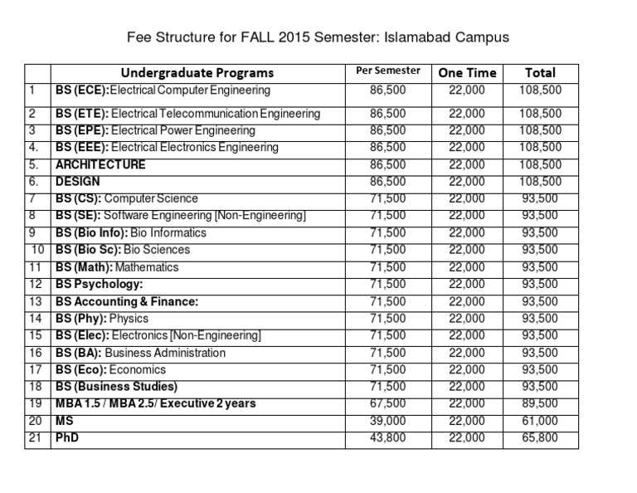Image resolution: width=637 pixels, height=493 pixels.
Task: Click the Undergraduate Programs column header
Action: tap(197, 73)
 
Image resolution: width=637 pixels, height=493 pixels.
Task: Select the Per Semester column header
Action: tap(387, 71)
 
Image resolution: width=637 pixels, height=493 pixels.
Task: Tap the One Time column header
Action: tap(467, 73)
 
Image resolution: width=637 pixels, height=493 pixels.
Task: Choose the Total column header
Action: tap(540, 73)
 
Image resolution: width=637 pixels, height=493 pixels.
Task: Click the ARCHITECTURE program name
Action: tap(100, 164)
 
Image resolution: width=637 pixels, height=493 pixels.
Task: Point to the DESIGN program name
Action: tap(78, 181)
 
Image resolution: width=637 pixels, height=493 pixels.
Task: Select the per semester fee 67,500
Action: tap(387, 403)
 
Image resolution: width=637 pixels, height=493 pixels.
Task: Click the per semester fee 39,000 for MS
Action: tap(387, 421)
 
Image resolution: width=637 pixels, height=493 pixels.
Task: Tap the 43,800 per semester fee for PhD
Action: tap(387, 437)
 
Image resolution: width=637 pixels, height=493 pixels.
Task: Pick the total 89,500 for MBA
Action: tap(540, 403)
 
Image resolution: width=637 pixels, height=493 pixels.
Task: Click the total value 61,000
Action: tap(540, 421)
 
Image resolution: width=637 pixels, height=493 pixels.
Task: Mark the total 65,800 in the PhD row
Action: tap(540, 437)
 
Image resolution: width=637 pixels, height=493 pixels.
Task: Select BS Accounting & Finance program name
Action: tap(127, 301)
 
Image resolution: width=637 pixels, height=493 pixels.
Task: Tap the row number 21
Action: tap(34, 437)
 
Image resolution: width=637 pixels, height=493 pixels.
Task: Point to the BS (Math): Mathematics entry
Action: tap(117, 267)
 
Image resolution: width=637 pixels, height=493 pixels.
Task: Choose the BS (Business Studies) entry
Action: tap(117, 387)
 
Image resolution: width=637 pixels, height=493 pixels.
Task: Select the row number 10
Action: tap(37, 250)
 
